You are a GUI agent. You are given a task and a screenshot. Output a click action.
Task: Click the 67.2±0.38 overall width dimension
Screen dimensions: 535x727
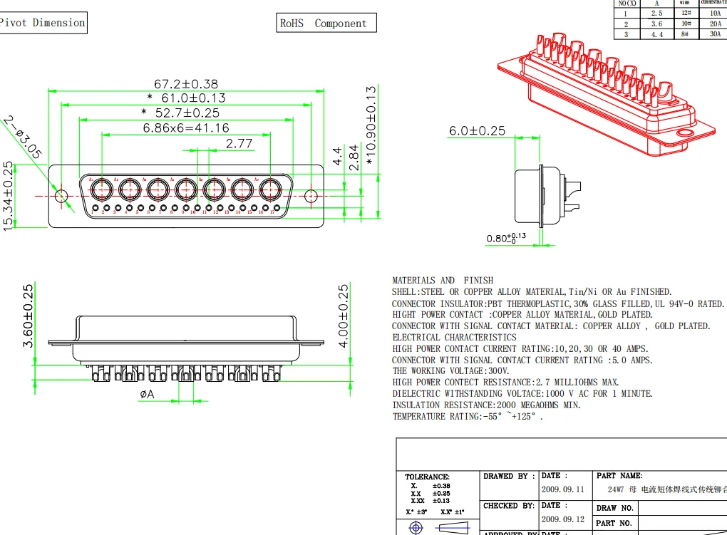tap(186, 83)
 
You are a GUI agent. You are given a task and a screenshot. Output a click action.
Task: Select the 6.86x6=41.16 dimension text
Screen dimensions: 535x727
tap(186, 128)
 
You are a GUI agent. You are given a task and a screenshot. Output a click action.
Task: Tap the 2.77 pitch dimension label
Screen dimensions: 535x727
tap(239, 143)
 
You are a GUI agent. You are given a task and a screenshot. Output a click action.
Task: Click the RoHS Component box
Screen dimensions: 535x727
tap(326, 24)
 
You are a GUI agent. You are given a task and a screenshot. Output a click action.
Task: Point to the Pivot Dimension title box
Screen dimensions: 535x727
tap(43, 23)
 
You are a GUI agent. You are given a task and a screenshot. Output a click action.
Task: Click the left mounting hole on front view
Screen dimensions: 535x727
tap(61, 195)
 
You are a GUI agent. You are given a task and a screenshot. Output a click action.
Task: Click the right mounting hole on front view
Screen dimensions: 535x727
tap(311, 195)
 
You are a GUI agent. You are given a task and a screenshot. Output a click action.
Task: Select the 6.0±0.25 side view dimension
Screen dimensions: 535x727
tap(477, 131)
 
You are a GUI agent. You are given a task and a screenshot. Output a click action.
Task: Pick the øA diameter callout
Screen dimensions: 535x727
tap(148, 393)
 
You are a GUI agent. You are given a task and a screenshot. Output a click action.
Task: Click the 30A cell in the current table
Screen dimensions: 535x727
tap(714, 33)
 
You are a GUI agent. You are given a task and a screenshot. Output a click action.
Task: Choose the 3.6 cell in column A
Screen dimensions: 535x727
tap(656, 24)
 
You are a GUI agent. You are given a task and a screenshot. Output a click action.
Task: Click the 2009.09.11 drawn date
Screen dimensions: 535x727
tap(562, 489)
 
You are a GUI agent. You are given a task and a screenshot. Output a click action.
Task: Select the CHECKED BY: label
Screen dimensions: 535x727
tap(509, 506)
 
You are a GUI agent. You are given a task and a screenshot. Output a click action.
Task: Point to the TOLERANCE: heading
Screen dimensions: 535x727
tap(427, 477)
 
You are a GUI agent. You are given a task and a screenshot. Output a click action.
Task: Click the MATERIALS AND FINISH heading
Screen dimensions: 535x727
tap(443, 280)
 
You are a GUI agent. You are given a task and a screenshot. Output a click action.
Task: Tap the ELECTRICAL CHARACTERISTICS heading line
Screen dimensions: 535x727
tap(454, 337)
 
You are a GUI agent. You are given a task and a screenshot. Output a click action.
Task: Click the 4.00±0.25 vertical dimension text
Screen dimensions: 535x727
tap(344, 316)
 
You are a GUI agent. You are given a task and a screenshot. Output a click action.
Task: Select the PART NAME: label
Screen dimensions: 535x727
tap(619, 475)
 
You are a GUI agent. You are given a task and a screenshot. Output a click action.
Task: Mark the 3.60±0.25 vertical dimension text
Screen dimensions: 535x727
tap(29, 316)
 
